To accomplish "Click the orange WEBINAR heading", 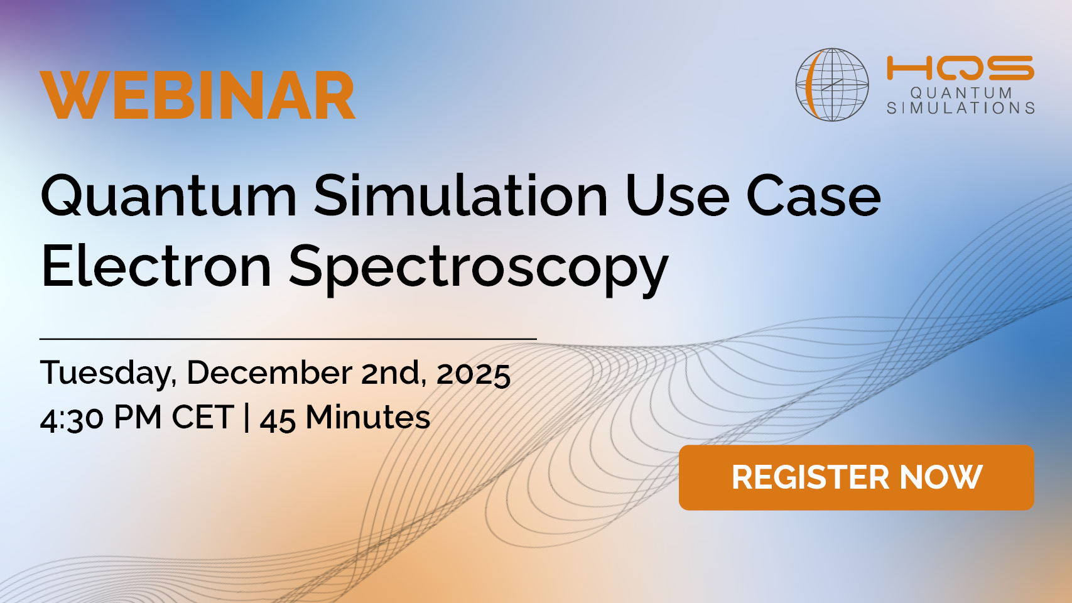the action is [197, 95].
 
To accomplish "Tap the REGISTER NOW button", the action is [856, 477].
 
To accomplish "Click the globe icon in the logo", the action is [831, 84].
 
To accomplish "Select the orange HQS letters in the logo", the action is [960, 67].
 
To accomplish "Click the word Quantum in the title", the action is [169, 196].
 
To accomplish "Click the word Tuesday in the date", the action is [107, 373].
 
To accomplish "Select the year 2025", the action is [474, 374].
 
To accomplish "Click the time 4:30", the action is [72, 419].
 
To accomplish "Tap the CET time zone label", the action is [203, 417].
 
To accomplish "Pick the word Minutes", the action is [368, 417].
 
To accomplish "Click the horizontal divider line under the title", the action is [288, 339].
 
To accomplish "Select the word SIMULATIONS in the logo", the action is [961, 108].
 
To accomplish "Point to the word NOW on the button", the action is [941, 477].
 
